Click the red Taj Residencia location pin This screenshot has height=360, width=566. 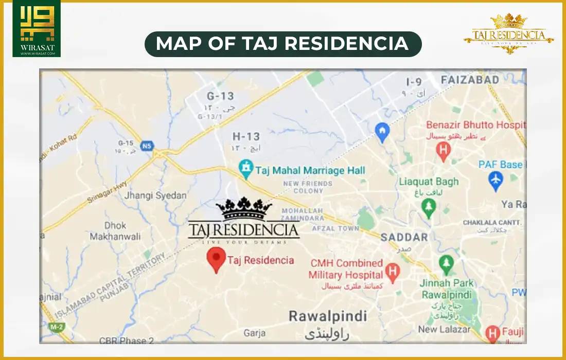coord(216,259)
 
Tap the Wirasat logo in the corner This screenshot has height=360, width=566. coord(36,28)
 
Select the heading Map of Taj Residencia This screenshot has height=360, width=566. coord(282,44)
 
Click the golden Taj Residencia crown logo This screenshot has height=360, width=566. coord(508,33)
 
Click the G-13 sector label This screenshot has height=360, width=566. coord(220,96)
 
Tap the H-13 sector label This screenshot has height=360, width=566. coord(246,137)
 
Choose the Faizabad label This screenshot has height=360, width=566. coord(470,80)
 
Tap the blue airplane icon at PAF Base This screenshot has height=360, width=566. coord(496,181)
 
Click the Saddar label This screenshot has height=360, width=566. coord(404,237)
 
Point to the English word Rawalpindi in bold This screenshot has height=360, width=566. coord(327,315)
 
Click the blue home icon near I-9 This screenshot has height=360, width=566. coord(381,131)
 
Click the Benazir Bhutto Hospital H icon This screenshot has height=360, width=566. coord(441,150)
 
